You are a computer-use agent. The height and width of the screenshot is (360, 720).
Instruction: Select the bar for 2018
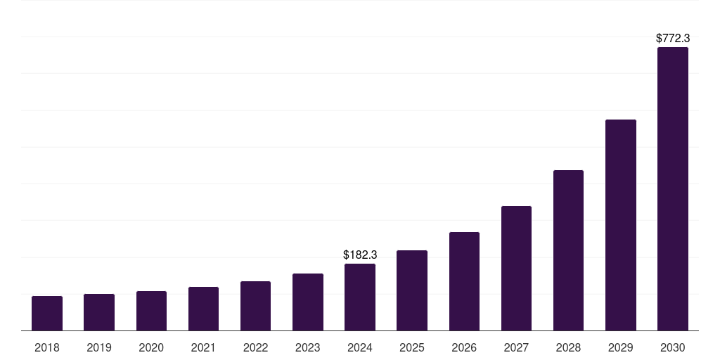point(47,313)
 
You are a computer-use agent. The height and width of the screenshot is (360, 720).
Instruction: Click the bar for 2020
point(151,311)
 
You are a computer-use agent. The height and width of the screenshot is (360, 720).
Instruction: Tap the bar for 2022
point(255,306)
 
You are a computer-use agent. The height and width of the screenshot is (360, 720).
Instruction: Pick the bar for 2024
point(360,297)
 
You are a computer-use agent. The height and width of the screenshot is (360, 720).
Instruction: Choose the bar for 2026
point(464,281)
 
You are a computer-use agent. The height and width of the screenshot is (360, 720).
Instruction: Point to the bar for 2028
point(568,250)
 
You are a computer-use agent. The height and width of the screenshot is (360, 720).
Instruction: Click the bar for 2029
point(621,225)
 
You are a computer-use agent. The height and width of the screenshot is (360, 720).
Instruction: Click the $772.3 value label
point(673,39)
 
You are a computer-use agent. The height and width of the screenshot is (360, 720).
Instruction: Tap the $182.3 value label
point(360,255)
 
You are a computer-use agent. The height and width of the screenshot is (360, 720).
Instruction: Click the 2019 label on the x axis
point(99,347)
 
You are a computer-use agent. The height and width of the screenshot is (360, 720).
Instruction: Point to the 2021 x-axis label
point(203,347)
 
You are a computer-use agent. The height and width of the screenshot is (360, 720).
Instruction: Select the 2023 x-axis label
point(308,347)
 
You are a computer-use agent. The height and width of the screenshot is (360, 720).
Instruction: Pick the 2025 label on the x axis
point(412,347)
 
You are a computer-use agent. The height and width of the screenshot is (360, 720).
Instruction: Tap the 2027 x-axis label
point(516,347)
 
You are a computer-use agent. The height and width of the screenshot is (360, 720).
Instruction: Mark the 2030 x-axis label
point(673,347)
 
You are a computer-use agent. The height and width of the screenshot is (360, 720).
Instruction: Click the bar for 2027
point(516,268)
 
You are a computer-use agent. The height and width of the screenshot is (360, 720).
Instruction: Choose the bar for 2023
point(308,302)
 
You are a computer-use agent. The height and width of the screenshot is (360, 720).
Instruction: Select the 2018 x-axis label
point(47,347)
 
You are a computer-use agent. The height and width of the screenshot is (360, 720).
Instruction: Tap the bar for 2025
point(412,290)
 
